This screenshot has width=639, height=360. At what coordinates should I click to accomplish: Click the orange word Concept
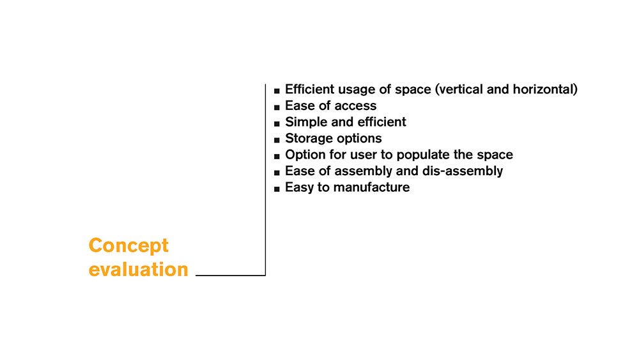128,246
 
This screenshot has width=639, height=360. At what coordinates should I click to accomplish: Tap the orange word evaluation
139,269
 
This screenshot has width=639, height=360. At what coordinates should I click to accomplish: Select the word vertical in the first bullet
459,89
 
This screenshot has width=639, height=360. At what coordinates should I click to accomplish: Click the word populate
422,155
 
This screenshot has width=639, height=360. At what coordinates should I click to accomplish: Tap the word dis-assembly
462,171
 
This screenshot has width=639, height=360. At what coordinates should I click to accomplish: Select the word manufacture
371,187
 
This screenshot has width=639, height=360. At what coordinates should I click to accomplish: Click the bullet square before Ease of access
277,107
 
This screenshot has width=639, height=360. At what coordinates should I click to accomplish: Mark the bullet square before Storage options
277,140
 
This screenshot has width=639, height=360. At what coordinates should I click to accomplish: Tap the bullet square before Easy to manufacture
277,189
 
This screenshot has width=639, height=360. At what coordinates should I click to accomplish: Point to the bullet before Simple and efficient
277,123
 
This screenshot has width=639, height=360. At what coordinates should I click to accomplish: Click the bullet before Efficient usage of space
277,91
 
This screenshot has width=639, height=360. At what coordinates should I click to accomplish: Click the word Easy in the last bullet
300,187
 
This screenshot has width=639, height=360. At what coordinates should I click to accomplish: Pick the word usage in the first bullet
358,90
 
